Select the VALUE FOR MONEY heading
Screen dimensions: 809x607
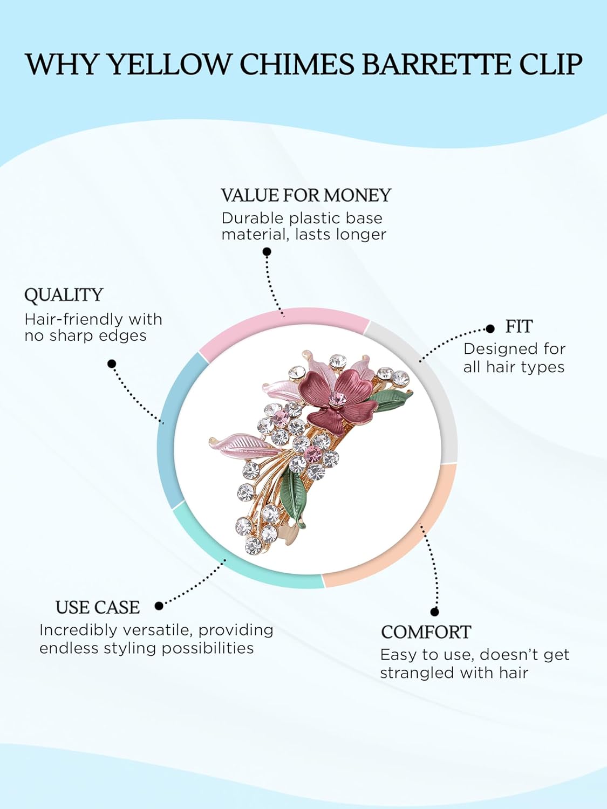click(306, 195)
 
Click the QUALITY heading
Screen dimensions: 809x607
click(64, 295)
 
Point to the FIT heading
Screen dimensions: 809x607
click(519, 327)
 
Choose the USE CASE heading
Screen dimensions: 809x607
click(98, 607)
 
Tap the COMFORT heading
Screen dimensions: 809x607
click(426, 632)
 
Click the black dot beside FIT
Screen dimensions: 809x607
click(490, 328)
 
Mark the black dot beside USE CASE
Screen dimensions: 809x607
click(159, 606)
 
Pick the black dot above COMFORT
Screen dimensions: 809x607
click(434, 612)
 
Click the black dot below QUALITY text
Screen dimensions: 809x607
click(112, 364)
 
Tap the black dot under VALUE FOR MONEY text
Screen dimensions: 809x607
click(267, 252)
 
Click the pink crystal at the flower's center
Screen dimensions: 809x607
click(338, 399)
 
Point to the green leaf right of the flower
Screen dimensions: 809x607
click(390, 400)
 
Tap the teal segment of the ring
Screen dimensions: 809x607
click(243, 561)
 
